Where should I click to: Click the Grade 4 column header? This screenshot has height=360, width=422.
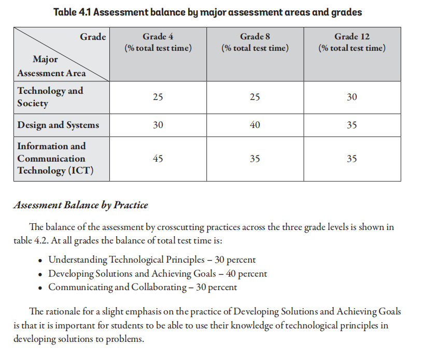click(x=158, y=42)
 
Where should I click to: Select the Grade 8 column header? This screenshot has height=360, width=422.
click(x=255, y=42)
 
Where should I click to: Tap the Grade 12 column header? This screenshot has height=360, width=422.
click(x=352, y=42)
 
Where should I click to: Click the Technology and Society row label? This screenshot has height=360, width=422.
click(x=50, y=97)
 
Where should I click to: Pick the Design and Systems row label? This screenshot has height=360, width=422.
click(x=58, y=125)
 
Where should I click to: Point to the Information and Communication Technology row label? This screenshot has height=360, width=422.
click(x=51, y=159)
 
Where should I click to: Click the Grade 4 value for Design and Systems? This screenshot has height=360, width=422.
click(x=158, y=125)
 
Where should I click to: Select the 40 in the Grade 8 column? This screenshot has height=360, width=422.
click(x=255, y=125)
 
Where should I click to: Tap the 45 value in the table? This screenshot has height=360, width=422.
click(x=158, y=159)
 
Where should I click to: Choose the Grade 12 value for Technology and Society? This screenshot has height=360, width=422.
click(x=352, y=97)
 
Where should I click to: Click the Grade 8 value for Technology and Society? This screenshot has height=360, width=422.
click(x=255, y=97)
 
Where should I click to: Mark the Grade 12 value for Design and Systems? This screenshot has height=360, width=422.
click(x=352, y=125)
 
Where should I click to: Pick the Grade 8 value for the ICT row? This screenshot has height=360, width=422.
click(x=255, y=159)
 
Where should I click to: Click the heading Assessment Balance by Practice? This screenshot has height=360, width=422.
click(x=80, y=205)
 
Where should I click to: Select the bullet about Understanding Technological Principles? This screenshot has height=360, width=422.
click(x=152, y=260)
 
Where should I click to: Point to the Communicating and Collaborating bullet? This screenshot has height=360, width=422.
click(x=143, y=287)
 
